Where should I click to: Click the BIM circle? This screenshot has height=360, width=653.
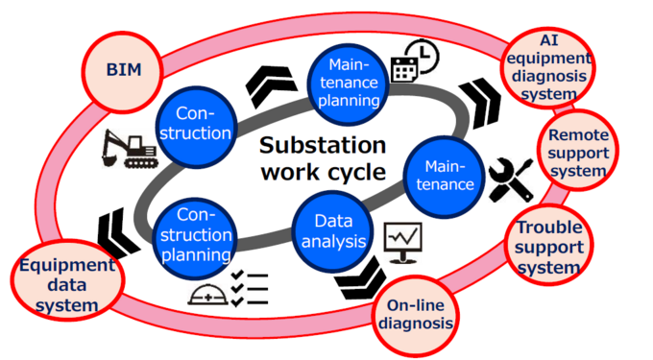pyautogui.click(x=122, y=71)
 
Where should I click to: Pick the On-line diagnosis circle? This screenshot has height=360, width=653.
pyautogui.click(x=415, y=314)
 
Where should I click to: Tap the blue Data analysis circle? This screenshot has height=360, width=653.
pyautogui.click(x=333, y=231)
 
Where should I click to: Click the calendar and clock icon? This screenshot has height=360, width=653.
pyautogui.click(x=415, y=61)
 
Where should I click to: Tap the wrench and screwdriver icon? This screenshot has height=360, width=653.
pyautogui.click(x=510, y=179)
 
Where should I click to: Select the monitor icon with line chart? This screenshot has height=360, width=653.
pyautogui.click(x=403, y=242)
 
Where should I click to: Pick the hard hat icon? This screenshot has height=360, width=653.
pyautogui.click(x=208, y=293)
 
